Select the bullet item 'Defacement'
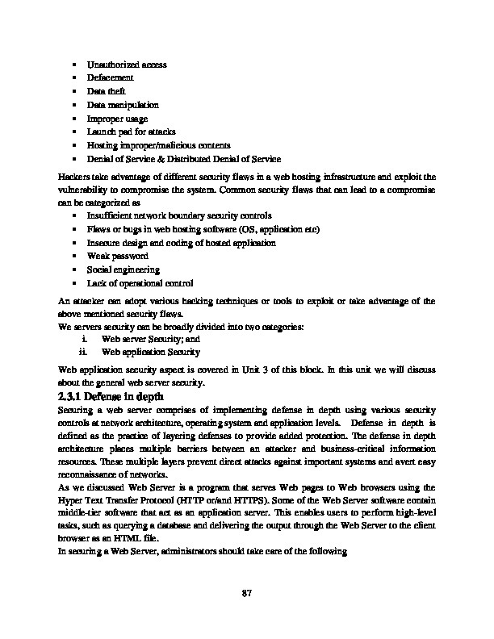(110, 77)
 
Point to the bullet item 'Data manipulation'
(123, 105)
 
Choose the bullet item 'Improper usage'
(117, 118)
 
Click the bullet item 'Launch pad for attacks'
(131, 132)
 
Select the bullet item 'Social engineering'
(123, 269)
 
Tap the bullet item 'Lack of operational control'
(140, 283)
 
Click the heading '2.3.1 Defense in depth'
(111, 397)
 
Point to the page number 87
(248, 595)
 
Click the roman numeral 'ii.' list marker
(82, 353)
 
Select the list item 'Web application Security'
(151, 353)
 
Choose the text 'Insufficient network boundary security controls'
(179, 216)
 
